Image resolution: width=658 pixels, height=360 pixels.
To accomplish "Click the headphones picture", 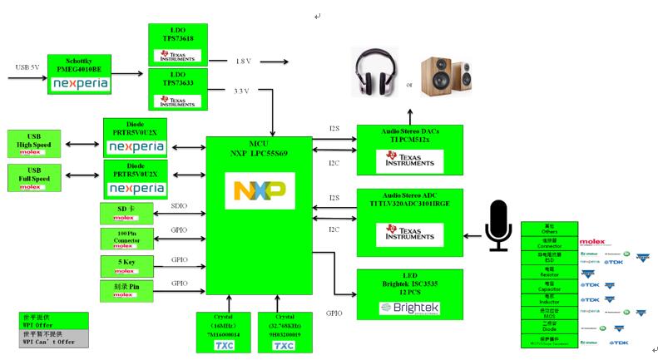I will [375, 75].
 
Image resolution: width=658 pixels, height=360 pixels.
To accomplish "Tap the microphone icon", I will [498, 225].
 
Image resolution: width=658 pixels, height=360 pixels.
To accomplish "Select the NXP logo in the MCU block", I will [260, 190].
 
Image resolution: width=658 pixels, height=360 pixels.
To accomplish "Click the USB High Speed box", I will [33, 144].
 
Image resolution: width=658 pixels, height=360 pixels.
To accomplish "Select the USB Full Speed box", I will [33, 178].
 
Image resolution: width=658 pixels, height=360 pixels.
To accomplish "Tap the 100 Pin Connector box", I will [123, 239].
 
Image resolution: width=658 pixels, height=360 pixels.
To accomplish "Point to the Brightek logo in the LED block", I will [410, 308].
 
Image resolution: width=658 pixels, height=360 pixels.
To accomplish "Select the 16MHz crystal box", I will [223, 332].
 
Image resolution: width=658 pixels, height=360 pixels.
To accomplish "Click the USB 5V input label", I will [28, 67].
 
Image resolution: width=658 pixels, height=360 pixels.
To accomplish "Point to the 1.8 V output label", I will [242, 62].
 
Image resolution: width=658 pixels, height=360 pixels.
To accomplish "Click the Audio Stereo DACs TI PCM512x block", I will [410, 150].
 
